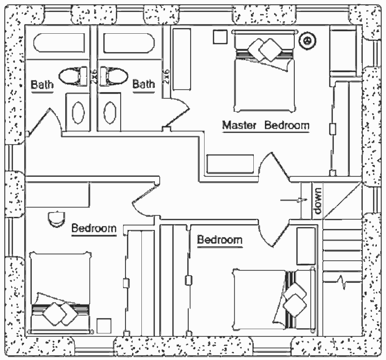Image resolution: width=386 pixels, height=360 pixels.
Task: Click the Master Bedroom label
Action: tap(265, 126)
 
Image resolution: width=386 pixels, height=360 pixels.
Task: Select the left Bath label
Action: tap(42, 85)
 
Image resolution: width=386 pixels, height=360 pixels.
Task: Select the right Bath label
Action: tap(143, 84)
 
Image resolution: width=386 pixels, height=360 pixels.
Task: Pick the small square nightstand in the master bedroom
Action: tap(221, 37)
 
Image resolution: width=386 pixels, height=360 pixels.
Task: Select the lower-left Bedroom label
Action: tap(94, 228)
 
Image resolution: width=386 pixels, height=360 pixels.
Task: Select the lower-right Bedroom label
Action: tap(220, 240)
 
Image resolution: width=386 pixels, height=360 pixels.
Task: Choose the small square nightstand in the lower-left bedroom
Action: tap(104, 325)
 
